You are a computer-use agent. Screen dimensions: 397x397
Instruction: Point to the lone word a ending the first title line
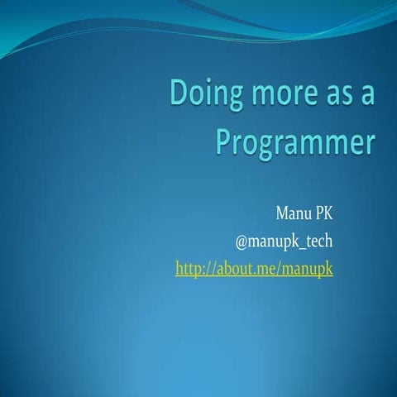367,96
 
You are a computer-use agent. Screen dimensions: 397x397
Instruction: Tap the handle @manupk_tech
284,243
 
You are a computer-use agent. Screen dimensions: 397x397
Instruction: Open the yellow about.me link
254,269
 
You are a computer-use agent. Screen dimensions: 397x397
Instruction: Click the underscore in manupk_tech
304,248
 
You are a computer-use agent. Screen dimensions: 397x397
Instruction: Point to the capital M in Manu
280,218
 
